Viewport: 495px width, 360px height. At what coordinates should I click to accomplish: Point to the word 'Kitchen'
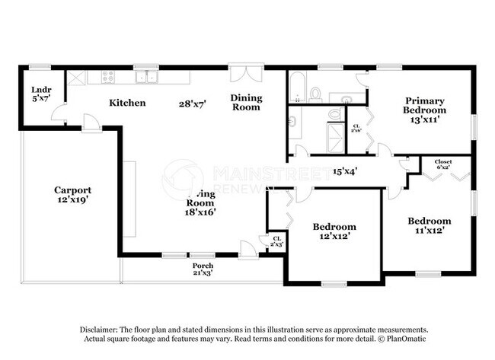(127, 103)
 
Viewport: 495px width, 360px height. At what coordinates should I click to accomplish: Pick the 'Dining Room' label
(247, 102)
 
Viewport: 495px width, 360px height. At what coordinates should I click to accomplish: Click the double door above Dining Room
(247, 74)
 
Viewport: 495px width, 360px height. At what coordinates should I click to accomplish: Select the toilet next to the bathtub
(315, 94)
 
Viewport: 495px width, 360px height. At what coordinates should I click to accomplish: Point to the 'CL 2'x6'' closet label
(356, 128)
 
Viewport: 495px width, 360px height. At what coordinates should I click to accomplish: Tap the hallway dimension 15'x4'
(345, 171)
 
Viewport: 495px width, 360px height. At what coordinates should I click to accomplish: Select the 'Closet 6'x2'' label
(443, 164)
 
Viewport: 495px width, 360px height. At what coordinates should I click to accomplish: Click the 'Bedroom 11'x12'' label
(429, 225)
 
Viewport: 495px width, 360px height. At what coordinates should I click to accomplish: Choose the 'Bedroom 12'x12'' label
(334, 231)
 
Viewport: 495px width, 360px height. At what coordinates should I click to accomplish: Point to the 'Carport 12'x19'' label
(72, 195)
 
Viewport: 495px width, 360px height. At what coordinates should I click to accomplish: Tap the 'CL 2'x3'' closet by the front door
(276, 241)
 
